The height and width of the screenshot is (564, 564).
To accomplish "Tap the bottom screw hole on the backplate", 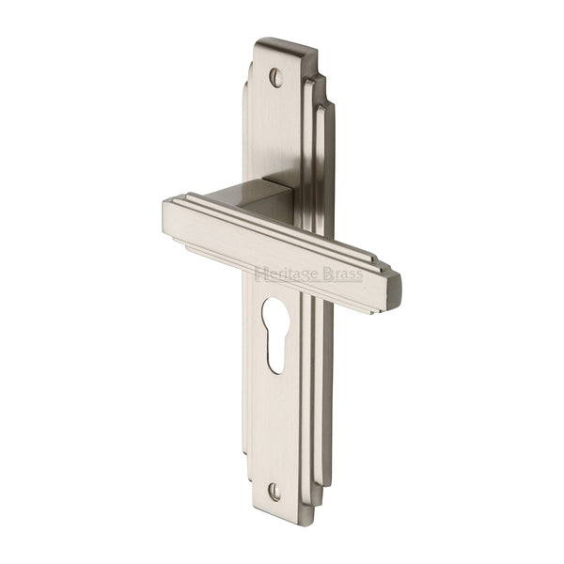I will (x=274, y=490).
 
